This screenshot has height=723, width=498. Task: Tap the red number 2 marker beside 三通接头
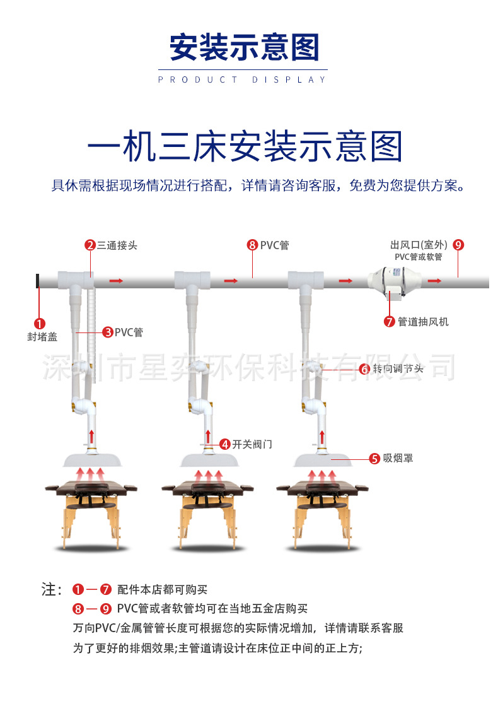90,245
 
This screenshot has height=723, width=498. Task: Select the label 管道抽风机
423,322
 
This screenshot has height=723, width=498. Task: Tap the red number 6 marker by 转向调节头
364,369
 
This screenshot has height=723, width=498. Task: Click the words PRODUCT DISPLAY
243,79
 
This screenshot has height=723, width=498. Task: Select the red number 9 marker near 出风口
458,245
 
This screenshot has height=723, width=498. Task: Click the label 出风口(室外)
419,245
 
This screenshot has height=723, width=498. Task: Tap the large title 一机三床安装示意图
245,146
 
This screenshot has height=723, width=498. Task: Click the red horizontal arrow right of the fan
435,279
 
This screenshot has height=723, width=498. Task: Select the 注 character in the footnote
50,590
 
